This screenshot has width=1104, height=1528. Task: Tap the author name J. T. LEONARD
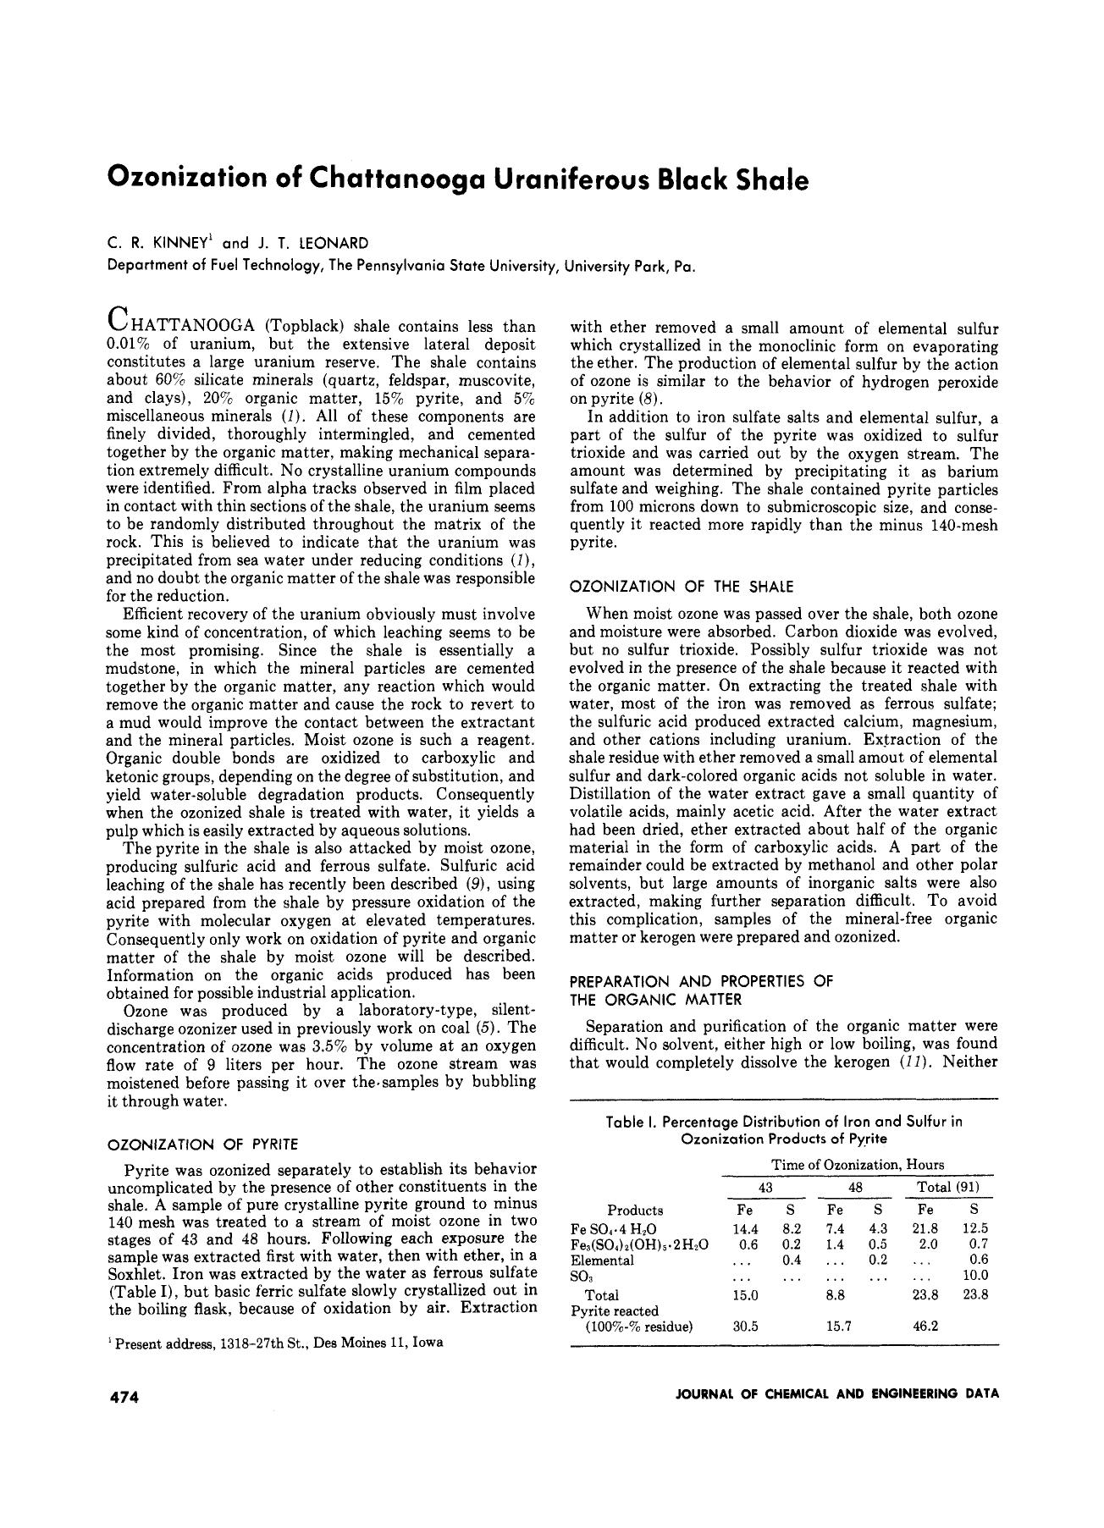coord(313,243)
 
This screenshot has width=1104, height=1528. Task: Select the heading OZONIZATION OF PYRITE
coord(202,1145)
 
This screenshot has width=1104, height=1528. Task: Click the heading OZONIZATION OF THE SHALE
coord(681,586)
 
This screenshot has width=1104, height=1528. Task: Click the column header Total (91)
coord(948,1187)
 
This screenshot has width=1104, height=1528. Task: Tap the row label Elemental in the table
coord(603,1260)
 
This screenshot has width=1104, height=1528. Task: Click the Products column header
coord(635,1210)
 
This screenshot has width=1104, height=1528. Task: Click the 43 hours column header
coord(765,1187)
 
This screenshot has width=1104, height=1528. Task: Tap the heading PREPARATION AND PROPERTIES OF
coord(701,981)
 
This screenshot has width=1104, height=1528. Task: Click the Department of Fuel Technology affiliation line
coord(402,265)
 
